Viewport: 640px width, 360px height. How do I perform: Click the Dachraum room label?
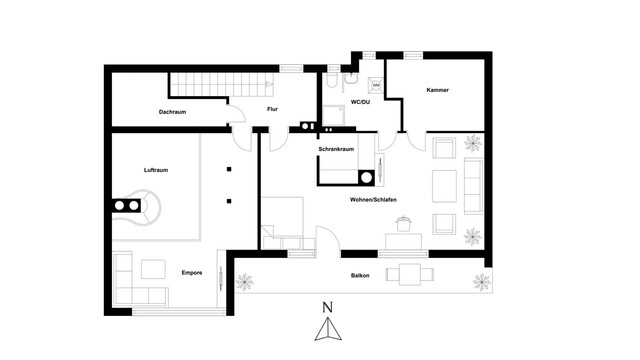pyautogui.click(x=172, y=112)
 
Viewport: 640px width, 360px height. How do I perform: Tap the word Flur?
pyautogui.click(x=272, y=109)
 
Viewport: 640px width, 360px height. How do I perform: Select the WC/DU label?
pyautogui.click(x=360, y=102)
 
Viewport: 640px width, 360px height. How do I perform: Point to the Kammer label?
pyautogui.click(x=438, y=90)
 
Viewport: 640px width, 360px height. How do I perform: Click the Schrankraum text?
pyautogui.click(x=336, y=149)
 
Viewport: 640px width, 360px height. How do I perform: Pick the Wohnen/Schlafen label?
pyautogui.click(x=373, y=200)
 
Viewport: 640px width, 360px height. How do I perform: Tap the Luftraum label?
pyautogui.click(x=156, y=170)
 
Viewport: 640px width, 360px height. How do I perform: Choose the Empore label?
pyautogui.click(x=192, y=273)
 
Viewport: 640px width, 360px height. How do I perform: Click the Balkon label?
pyautogui.click(x=360, y=276)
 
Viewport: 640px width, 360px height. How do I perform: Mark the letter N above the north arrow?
pyautogui.click(x=327, y=307)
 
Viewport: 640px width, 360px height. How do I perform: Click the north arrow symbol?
pyautogui.click(x=328, y=329)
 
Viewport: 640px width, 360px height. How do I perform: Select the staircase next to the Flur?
pyautogui.click(x=222, y=84)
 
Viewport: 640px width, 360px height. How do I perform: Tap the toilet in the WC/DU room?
pyautogui.click(x=331, y=80)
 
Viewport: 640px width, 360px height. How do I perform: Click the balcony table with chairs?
pyautogui.click(x=410, y=274)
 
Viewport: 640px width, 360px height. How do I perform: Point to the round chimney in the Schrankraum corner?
pyautogui.click(x=367, y=178)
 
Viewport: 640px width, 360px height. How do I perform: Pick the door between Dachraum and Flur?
pyautogui.click(x=237, y=114)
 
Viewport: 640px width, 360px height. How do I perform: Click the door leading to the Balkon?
pyautogui.click(x=328, y=242)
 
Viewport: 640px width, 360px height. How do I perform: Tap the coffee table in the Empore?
pyautogui.click(x=153, y=269)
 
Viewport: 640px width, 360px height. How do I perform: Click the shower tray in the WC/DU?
pyautogui.click(x=334, y=115)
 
